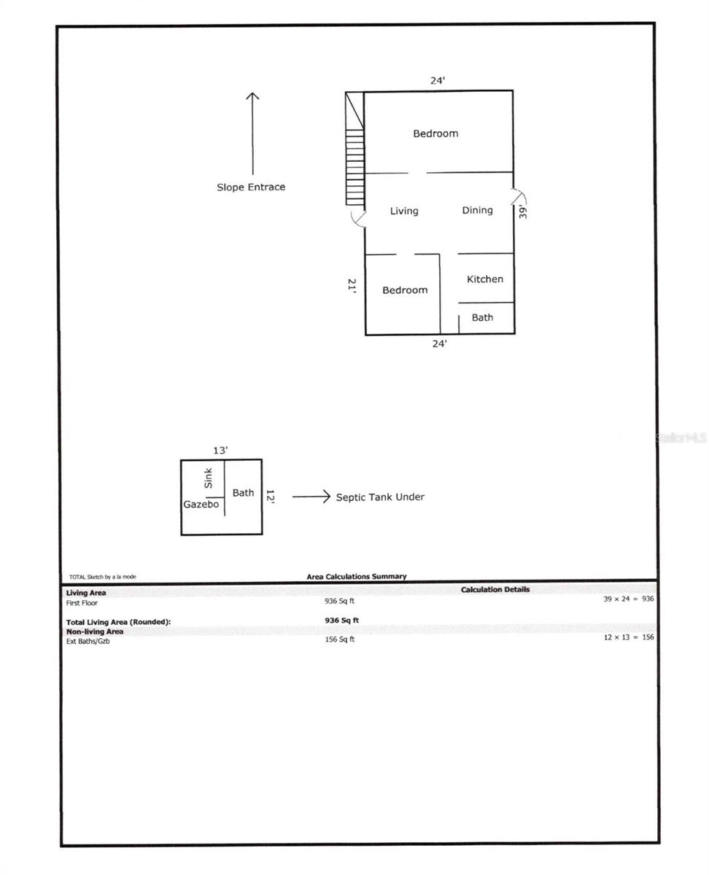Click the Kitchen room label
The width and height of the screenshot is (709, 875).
coord(484,279)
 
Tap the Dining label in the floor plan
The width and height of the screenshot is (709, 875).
coord(477,210)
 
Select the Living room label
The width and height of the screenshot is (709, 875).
coord(404,211)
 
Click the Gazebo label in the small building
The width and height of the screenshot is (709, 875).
coord(201,504)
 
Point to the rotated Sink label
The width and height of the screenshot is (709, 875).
coord(209,478)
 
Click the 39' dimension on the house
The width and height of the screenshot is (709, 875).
coord(522,211)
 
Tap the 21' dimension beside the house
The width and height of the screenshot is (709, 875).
coord(352,286)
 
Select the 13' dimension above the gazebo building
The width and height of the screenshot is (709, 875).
coord(220,451)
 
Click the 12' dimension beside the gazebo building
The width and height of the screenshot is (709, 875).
coord(270,497)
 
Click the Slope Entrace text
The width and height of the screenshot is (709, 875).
coord(251,187)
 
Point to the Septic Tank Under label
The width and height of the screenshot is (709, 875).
coord(380,497)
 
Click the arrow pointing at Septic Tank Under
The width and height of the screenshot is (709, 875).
coord(311,497)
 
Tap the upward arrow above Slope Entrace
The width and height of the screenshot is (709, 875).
coord(252,133)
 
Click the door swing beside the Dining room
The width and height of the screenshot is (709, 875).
coord(519,196)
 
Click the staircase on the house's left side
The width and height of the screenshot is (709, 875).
coord(354,148)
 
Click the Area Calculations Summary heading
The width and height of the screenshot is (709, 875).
coord(357,576)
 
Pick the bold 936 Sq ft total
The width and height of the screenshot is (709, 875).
coord(341,621)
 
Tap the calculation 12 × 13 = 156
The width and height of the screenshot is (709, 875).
coord(629,637)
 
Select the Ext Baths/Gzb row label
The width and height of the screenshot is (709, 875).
coord(88,641)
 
